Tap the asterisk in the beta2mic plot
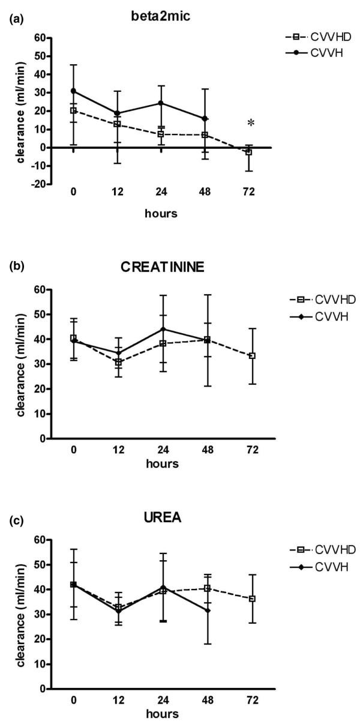click(250, 124)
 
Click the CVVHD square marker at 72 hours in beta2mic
click(248, 152)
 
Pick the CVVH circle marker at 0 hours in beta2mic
click(73, 91)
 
